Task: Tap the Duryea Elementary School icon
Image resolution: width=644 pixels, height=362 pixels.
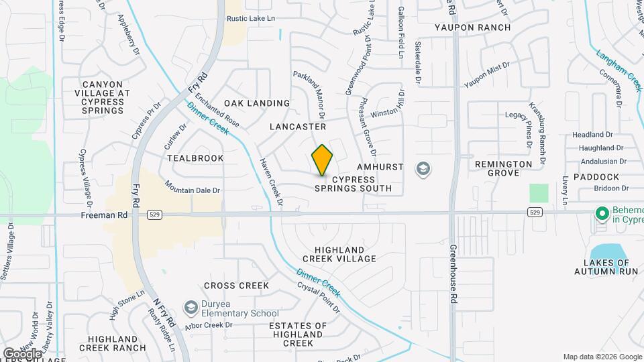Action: click(191, 307)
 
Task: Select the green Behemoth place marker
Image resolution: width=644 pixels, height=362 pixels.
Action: click(602, 215)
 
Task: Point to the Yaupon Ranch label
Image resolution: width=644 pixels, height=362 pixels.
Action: click(472, 27)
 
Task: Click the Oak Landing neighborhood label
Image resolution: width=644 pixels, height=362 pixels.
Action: click(257, 103)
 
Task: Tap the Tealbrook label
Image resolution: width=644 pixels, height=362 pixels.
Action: click(195, 158)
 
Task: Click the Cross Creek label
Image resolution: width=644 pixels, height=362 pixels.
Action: click(236, 286)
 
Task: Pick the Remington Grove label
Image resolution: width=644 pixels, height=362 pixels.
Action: click(503, 168)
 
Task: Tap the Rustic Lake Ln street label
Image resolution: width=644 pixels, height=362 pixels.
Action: click(251, 19)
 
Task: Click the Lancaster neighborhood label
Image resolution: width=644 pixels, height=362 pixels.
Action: click(298, 127)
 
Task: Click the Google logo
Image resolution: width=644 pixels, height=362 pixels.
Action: click(21, 353)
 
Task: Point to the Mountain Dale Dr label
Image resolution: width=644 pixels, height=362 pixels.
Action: click(193, 190)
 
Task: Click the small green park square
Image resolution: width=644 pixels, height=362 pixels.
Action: click(538, 193)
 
